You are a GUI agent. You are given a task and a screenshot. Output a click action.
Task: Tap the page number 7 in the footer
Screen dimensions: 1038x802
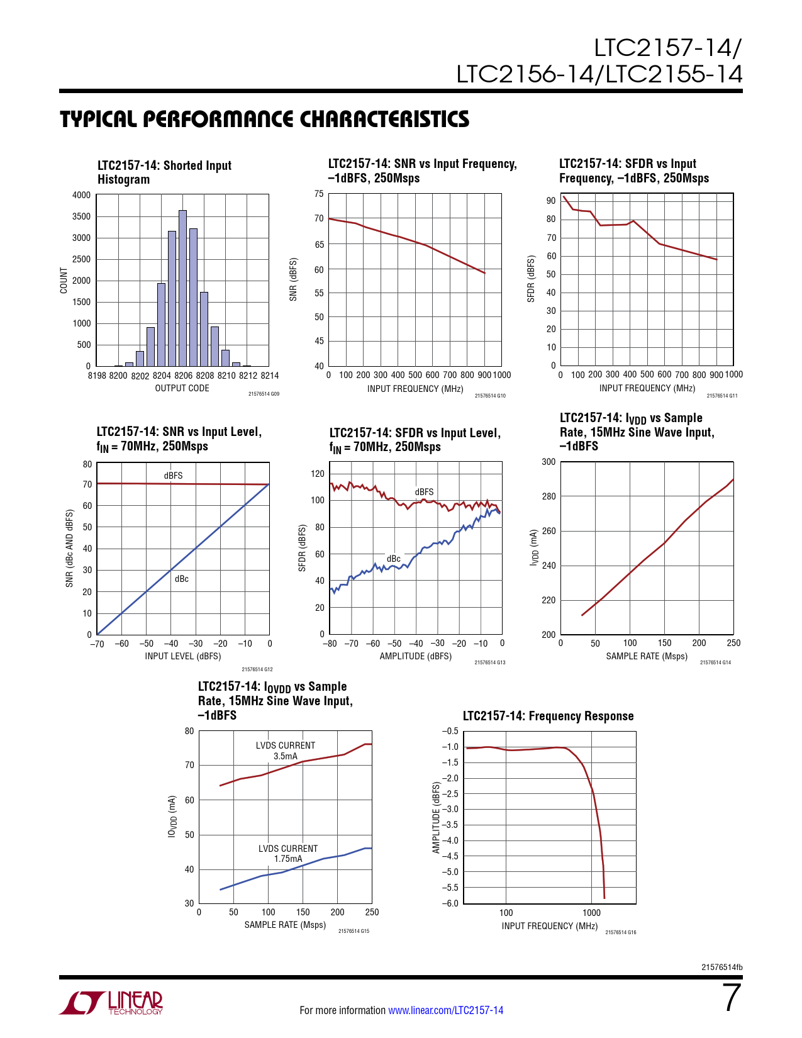pyautogui.click(x=732, y=998)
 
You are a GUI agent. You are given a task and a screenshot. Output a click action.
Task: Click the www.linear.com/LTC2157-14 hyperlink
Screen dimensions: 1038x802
pyautogui.click(x=445, y=1010)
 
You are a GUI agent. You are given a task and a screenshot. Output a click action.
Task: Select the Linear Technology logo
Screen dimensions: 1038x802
pyautogui.click(x=111, y=1003)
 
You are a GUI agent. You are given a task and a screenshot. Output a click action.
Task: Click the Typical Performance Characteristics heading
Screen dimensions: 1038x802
pyautogui.click(x=264, y=120)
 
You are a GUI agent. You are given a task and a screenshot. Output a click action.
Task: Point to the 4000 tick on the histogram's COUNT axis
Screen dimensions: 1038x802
pyautogui.click(x=81, y=195)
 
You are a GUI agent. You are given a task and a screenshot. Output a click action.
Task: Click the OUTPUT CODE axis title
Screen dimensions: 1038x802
pyautogui.click(x=182, y=388)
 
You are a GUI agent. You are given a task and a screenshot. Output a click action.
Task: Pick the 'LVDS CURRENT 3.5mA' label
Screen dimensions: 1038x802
pyautogui.click(x=286, y=751)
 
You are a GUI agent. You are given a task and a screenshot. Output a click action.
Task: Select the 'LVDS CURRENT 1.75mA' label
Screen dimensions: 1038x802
pyautogui.click(x=288, y=854)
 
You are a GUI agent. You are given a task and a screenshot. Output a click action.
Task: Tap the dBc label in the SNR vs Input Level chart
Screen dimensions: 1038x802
pyautogui.click(x=182, y=579)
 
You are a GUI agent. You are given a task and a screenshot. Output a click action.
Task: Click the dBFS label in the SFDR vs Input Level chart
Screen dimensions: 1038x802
pyautogui.click(x=424, y=492)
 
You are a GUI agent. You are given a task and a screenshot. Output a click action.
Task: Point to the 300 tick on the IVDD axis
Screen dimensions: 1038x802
pyautogui.click(x=549, y=462)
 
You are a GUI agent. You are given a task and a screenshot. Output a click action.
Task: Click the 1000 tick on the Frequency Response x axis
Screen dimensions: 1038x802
pyautogui.click(x=591, y=913)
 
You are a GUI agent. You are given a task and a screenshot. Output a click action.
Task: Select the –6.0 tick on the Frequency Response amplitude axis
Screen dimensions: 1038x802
pyautogui.click(x=450, y=903)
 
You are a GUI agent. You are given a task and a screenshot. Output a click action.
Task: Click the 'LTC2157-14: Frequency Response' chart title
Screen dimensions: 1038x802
pyautogui.click(x=548, y=716)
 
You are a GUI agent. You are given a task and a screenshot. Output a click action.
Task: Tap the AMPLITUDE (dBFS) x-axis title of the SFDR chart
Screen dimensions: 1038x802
pyautogui.click(x=415, y=656)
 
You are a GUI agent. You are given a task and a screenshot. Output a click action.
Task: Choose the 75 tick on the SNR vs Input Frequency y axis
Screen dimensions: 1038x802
pyautogui.click(x=319, y=194)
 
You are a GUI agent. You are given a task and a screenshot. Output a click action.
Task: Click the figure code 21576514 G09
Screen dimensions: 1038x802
pyautogui.click(x=264, y=394)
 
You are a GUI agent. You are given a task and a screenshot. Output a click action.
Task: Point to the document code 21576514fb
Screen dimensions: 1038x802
pyautogui.click(x=721, y=968)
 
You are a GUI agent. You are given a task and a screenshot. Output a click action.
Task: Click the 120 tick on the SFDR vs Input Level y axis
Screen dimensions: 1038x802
pyautogui.click(x=318, y=474)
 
